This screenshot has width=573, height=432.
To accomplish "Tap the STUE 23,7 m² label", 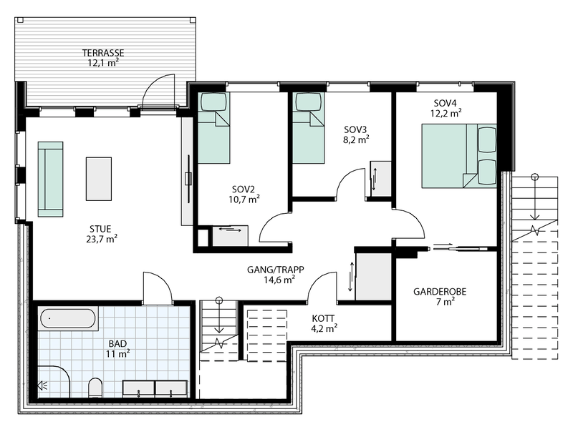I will coord(101,234).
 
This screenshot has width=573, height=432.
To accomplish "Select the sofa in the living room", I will coord(50,178).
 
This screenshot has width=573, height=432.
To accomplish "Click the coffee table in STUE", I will coord(99,179).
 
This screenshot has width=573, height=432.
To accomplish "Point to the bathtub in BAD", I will coord(68,320).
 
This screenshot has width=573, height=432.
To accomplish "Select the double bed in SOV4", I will coord(459,156).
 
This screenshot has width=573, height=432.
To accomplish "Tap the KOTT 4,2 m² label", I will coord(324,323).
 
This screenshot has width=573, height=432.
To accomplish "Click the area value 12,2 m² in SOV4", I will coord(446,112).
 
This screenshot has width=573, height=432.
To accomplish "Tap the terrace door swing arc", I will coord(158,89).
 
